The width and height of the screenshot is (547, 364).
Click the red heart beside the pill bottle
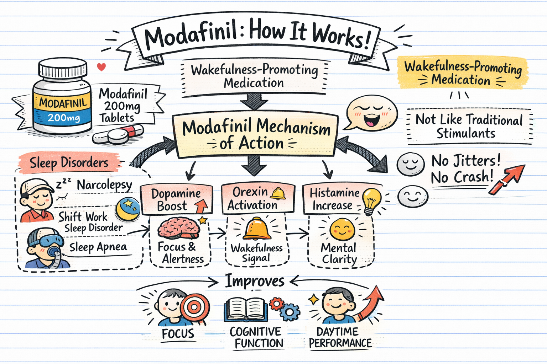(x=101, y=67)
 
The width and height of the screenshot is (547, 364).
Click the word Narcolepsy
(x=104, y=185)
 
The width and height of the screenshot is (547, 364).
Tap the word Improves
(x=255, y=281)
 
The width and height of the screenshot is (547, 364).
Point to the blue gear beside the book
(x=290, y=312)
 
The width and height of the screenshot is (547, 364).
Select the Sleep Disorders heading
(x=69, y=163)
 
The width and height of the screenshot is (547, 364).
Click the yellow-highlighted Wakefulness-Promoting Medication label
(x=462, y=73)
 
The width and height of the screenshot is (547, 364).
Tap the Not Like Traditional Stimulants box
(x=469, y=126)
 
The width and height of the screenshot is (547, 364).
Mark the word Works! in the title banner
(x=340, y=37)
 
